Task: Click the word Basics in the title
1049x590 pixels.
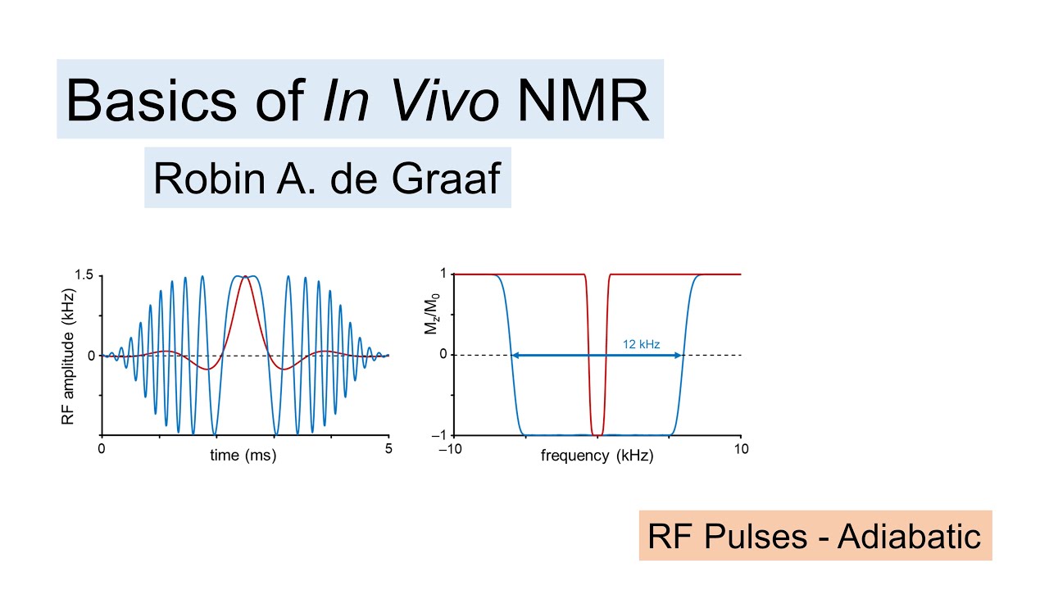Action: (139, 100)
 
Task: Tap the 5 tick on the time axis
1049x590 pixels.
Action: (388, 449)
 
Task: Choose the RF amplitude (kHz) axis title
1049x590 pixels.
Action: (69, 356)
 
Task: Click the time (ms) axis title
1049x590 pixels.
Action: (243, 456)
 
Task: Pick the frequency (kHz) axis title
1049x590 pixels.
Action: (597, 456)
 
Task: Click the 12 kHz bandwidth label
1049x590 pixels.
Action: (641, 345)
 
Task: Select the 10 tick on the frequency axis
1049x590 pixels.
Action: (741, 449)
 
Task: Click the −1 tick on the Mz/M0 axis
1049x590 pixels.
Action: (439, 435)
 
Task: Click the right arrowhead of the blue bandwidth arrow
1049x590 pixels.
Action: (679, 355)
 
